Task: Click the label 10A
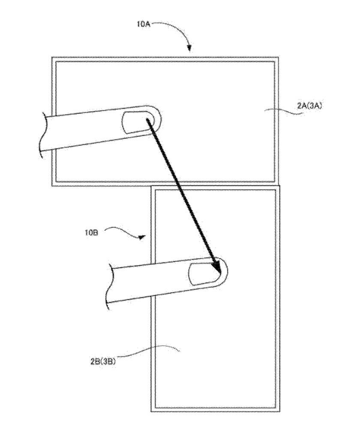pos(144,24)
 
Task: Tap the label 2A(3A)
pos(309,106)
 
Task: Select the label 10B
pos(91,233)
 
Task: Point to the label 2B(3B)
pos(103,361)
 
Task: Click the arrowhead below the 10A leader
pos(189,49)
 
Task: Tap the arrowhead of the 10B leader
pos(141,237)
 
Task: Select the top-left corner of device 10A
pos(52,57)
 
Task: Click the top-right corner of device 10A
pos(279,57)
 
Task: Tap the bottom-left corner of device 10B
pos(151,411)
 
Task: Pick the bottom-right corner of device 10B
pos(280,411)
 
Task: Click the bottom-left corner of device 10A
pos(52,186)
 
